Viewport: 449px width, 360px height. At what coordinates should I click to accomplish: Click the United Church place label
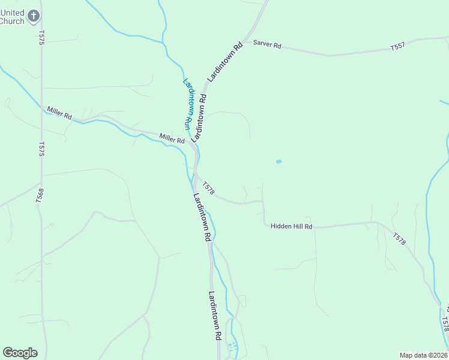(x=12, y=17)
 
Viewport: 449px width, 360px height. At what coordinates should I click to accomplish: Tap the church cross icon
(x=35, y=16)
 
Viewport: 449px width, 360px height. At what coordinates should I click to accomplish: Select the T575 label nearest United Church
(x=41, y=37)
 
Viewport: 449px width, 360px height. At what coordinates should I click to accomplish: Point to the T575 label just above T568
(x=41, y=149)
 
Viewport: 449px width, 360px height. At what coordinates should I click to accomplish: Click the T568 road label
(x=38, y=197)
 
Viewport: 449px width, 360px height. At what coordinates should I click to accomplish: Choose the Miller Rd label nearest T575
(x=60, y=112)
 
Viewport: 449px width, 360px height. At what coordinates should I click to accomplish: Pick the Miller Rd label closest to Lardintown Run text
(x=172, y=139)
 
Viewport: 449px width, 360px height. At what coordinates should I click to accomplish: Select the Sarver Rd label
(x=267, y=44)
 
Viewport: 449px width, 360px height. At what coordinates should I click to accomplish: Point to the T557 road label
(x=397, y=46)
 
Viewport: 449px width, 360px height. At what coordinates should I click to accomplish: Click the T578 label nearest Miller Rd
(x=208, y=188)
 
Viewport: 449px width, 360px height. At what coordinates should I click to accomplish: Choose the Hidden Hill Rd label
(x=292, y=226)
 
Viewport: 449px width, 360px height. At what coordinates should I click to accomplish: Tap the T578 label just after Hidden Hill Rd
(x=400, y=238)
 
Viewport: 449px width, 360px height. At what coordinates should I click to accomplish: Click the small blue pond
(x=278, y=161)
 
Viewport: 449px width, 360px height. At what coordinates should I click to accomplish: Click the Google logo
(x=20, y=353)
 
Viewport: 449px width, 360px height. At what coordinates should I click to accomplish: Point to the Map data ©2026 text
(x=424, y=355)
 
